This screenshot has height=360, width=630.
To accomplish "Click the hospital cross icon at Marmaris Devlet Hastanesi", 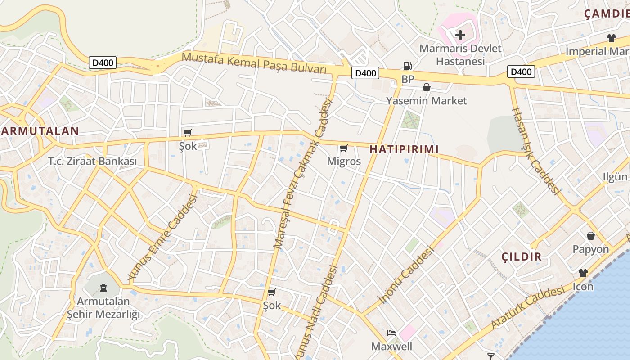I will tap(460, 35).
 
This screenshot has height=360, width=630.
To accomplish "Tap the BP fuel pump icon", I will tap(407, 66).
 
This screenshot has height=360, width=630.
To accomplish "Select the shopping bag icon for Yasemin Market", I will tap(426, 87).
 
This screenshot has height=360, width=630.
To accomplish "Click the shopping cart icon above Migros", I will tap(344, 148).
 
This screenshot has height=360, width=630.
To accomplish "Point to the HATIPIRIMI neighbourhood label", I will tap(404, 149).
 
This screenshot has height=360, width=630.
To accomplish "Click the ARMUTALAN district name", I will tap(40, 131).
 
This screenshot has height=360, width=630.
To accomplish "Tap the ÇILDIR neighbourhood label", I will tap(522, 257).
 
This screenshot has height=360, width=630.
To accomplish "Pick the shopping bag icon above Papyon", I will tap(591, 235).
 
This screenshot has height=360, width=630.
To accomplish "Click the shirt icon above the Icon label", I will tap(583, 273).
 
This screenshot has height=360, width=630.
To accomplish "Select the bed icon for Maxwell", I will tap(391, 333).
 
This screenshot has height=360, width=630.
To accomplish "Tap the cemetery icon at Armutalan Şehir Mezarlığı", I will tap(103, 288).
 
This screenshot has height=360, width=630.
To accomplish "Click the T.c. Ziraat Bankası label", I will tap(92, 161).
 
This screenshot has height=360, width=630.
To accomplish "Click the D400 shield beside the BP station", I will tap(365, 73).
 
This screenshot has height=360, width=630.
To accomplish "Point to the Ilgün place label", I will tap(615, 177).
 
